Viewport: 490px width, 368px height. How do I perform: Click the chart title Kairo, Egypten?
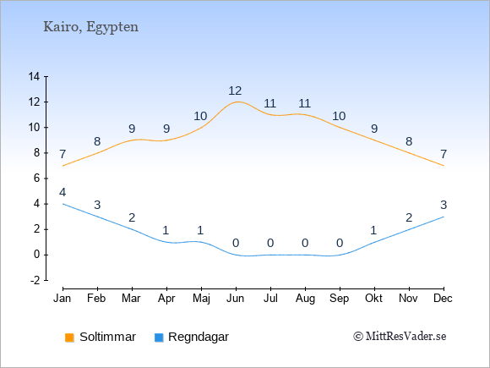click(x=90, y=27)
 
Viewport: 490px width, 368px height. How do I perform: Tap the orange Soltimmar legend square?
click(x=69, y=338)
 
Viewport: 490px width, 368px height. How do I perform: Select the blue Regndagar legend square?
click(x=159, y=338)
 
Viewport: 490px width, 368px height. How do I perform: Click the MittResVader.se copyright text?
click(x=400, y=337)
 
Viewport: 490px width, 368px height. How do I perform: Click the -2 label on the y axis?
click(x=35, y=280)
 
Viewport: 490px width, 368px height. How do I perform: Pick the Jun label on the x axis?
click(x=236, y=299)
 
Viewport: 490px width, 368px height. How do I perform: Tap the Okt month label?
click(x=373, y=299)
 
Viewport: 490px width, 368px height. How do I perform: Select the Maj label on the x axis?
click(x=201, y=299)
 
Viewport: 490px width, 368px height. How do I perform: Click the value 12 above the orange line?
click(x=235, y=91)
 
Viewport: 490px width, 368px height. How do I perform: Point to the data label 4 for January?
click(x=63, y=192)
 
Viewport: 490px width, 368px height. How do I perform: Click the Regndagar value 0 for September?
click(x=340, y=243)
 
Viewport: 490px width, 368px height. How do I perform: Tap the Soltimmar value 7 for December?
click(x=444, y=154)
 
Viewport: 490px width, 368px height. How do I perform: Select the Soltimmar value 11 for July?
click(x=270, y=103)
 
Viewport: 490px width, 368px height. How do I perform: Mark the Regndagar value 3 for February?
click(x=97, y=205)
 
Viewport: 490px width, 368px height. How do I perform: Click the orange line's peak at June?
click(x=237, y=102)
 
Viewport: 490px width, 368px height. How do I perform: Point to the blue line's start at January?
click(x=63, y=204)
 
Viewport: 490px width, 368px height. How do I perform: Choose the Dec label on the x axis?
click(x=443, y=299)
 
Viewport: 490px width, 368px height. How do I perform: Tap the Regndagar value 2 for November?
click(x=409, y=217)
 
